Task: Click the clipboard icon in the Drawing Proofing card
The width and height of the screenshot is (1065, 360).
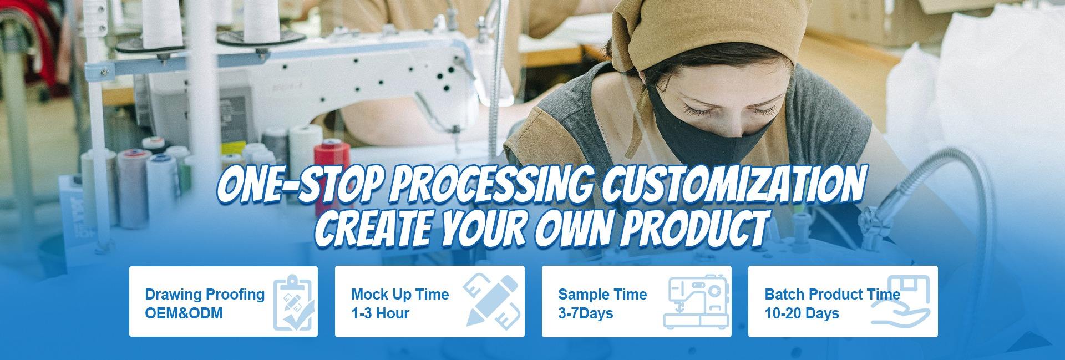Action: tap(294, 302)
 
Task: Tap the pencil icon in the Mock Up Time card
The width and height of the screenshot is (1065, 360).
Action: tap(491, 300)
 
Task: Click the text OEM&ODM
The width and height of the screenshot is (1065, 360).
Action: tap(184, 313)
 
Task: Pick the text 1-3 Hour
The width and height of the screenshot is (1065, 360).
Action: tap(380, 313)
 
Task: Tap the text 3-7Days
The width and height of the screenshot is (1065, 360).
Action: tap(585, 313)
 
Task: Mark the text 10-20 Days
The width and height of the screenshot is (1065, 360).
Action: tap(802, 313)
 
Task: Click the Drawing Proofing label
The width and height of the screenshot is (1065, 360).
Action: tap(205, 295)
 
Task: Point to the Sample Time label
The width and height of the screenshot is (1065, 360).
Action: tap(602, 295)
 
